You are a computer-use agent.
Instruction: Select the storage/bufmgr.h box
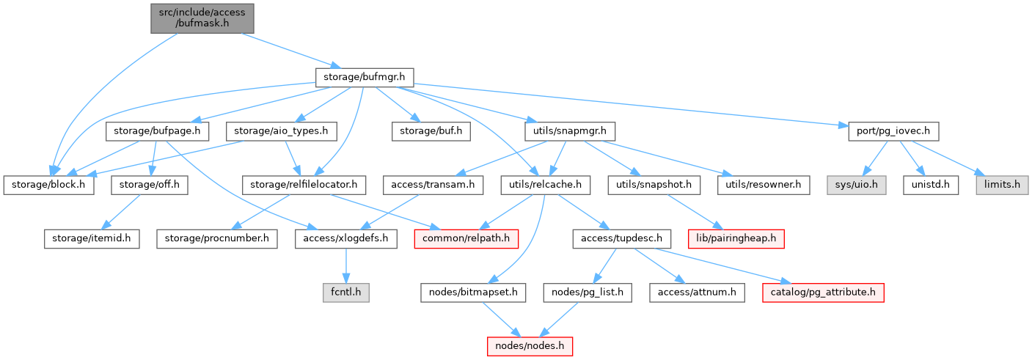pos(365,76)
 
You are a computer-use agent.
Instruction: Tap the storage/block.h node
pos(48,185)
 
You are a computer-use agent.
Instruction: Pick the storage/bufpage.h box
pos(158,132)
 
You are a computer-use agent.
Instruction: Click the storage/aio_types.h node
pos(281,132)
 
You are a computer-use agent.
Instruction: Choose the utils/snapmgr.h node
pos(569,132)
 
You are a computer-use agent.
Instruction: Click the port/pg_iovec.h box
pos(888,132)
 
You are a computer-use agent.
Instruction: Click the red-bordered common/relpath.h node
pos(466,238)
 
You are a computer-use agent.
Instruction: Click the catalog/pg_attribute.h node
pos(822,292)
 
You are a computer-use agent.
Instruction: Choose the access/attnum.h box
pos(697,292)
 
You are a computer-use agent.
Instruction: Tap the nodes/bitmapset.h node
pos(473,292)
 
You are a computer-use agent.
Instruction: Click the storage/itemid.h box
pos(92,238)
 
